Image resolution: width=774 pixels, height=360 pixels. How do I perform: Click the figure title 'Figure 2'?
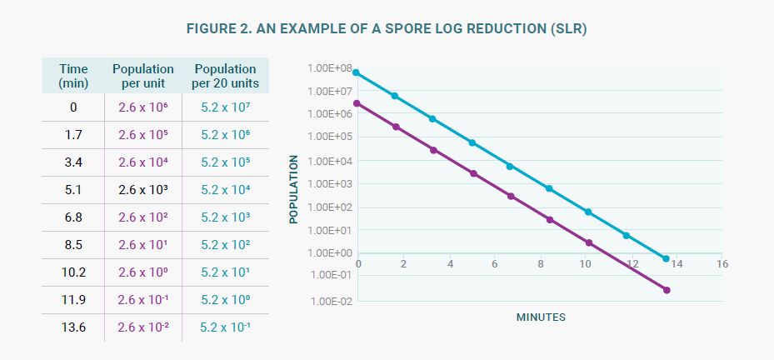(x=387, y=30)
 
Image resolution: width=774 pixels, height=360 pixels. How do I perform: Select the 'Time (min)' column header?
(x=73, y=76)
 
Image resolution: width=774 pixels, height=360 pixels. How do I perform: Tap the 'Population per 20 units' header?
(x=225, y=76)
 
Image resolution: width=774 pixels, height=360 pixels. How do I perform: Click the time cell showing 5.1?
(x=73, y=189)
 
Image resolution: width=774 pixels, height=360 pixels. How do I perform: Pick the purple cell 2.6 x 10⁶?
(x=143, y=107)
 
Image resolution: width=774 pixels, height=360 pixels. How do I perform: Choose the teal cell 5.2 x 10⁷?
(x=225, y=107)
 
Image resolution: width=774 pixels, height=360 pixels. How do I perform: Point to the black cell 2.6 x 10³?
(x=143, y=189)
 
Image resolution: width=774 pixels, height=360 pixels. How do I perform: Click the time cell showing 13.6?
(x=73, y=327)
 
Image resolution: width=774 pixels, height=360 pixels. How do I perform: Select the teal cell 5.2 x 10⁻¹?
(x=225, y=327)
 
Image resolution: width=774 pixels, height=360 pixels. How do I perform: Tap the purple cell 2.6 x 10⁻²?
(x=143, y=327)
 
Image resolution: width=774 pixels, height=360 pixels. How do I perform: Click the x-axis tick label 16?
(x=722, y=264)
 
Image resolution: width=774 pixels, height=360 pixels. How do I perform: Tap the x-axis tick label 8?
(x=541, y=264)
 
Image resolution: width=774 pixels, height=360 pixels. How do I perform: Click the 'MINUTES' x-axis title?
(x=541, y=317)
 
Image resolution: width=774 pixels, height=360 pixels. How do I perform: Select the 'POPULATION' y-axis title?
(x=293, y=184)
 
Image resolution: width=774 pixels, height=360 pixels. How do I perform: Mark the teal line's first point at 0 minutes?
(x=357, y=72)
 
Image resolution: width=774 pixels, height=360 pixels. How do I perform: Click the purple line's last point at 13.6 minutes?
(x=666, y=290)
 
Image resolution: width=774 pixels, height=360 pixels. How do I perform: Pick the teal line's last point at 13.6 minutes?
(x=666, y=259)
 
